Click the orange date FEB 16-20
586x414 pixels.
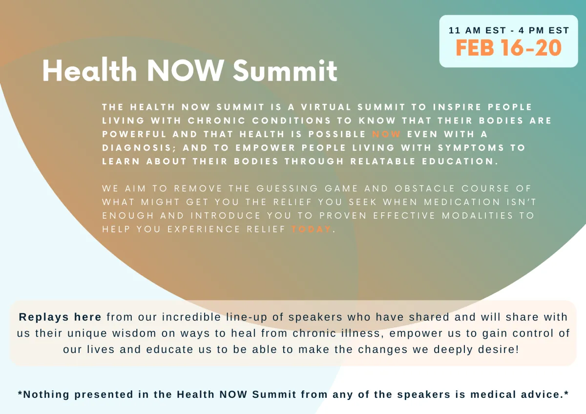508,48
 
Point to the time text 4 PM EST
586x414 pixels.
544,30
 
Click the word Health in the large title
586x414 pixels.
90,70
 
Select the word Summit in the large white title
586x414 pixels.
285,70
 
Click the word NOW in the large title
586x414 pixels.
185,71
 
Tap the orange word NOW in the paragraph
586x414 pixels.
386,134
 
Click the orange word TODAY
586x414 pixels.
312,229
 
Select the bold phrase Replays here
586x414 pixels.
60,317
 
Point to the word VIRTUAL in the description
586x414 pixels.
326,107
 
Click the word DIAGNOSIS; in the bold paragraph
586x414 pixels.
139,148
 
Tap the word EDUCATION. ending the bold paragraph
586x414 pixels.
460,162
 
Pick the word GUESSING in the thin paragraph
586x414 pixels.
287,188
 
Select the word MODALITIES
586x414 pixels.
478,215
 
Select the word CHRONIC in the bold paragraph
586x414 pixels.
217,121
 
